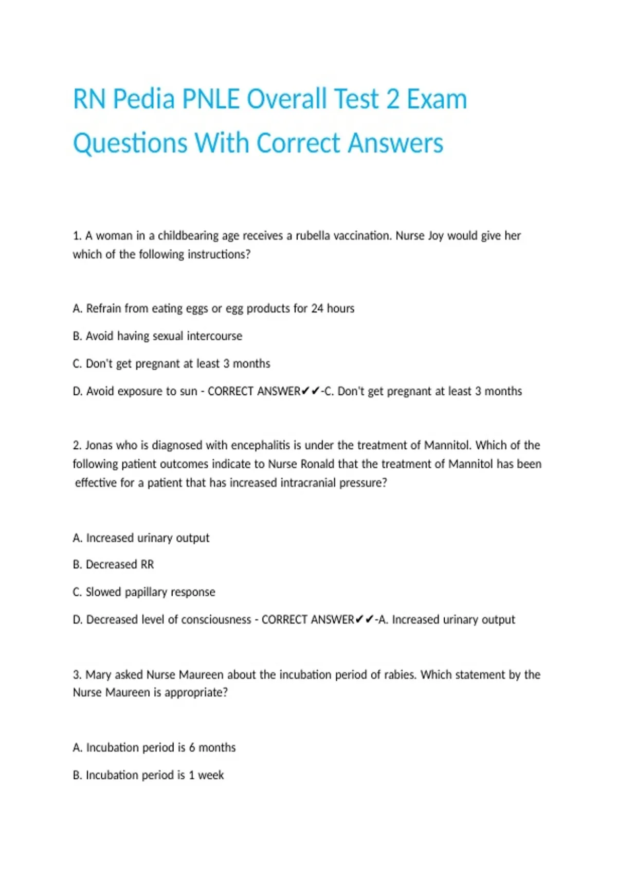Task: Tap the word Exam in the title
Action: pos(437,99)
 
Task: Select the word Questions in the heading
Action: pos(130,143)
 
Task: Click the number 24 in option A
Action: pos(317,308)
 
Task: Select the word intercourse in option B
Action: pos(214,336)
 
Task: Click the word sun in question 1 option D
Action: pos(189,391)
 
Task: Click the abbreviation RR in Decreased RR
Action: pos(147,565)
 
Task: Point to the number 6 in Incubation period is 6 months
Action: pos(192,748)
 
